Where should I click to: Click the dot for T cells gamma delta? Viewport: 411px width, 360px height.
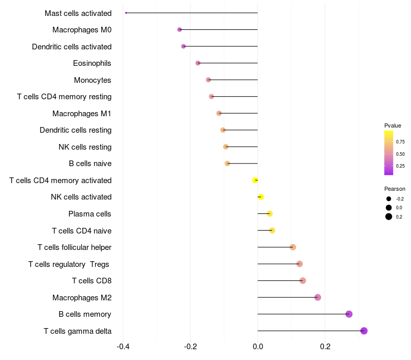[x=364, y=331]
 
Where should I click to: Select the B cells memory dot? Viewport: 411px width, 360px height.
[x=349, y=314]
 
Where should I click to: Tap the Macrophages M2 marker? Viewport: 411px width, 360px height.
[x=317, y=297]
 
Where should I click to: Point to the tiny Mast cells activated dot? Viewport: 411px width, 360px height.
[x=126, y=13]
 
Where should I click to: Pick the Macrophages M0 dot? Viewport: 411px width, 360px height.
[x=179, y=30]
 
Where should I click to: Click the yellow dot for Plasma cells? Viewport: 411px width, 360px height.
[x=269, y=214]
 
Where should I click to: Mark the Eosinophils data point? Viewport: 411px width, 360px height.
[x=198, y=63]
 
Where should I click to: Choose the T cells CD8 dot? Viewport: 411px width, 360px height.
[x=303, y=281]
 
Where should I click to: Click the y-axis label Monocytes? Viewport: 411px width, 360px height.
[x=92, y=80]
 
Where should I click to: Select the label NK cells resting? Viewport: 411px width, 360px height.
[x=85, y=147]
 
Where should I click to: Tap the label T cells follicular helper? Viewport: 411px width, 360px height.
[x=74, y=247]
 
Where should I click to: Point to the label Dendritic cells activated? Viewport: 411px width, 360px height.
[x=71, y=47]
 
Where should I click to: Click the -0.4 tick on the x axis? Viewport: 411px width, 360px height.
[x=123, y=347]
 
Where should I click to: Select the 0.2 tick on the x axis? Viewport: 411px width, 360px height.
[x=325, y=347]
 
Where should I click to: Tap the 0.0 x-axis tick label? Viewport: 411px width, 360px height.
[x=257, y=347]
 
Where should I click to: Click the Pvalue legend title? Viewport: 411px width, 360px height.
[x=393, y=125]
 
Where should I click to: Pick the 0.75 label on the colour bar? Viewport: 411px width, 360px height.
[x=400, y=142]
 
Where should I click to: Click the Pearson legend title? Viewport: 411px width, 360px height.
[x=395, y=189]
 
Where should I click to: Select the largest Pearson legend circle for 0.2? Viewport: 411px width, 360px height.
[x=389, y=217]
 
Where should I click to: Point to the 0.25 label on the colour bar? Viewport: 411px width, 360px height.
[x=400, y=166]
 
